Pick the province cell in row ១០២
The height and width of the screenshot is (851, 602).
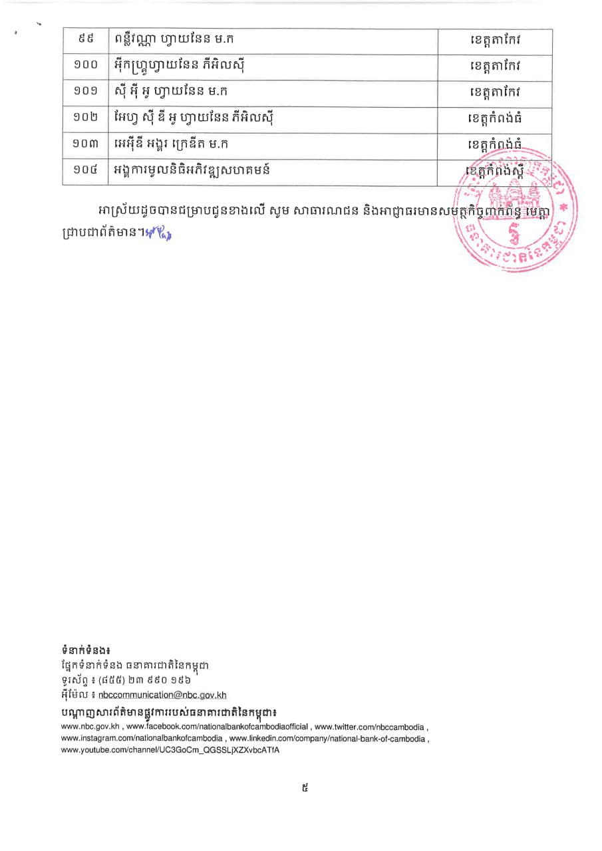[495, 120]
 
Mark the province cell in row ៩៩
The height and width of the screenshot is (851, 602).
[495, 41]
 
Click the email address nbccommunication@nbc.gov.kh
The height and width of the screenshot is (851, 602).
[162, 695]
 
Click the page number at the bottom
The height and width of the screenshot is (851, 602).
[305, 789]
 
